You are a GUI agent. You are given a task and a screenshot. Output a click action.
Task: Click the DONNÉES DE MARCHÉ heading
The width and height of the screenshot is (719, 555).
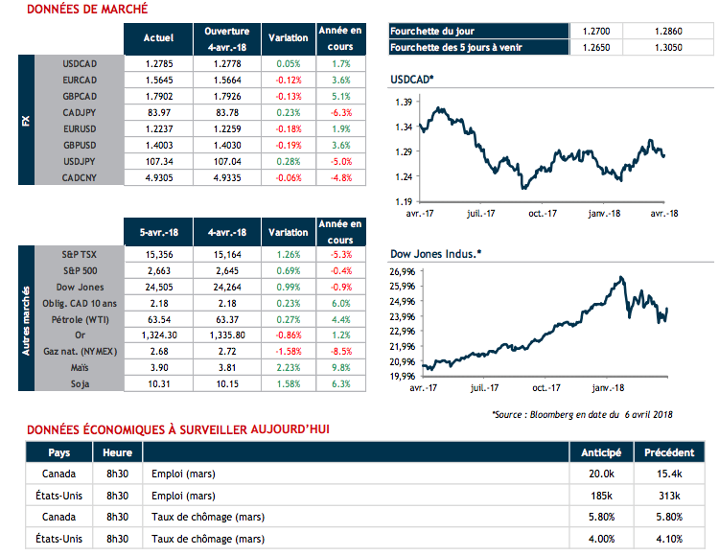87,10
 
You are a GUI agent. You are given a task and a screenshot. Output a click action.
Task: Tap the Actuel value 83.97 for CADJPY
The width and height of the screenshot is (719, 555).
158,113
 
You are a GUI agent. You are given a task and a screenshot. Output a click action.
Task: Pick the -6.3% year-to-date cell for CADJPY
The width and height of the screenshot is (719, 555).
341,113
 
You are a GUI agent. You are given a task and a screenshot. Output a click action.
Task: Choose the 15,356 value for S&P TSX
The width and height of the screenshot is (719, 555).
158,254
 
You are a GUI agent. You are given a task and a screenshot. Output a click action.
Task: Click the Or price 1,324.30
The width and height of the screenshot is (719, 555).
158,335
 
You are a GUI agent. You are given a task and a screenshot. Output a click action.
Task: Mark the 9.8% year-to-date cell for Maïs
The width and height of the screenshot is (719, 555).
341,368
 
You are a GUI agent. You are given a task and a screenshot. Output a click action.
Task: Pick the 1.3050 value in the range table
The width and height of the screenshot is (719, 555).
670,47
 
